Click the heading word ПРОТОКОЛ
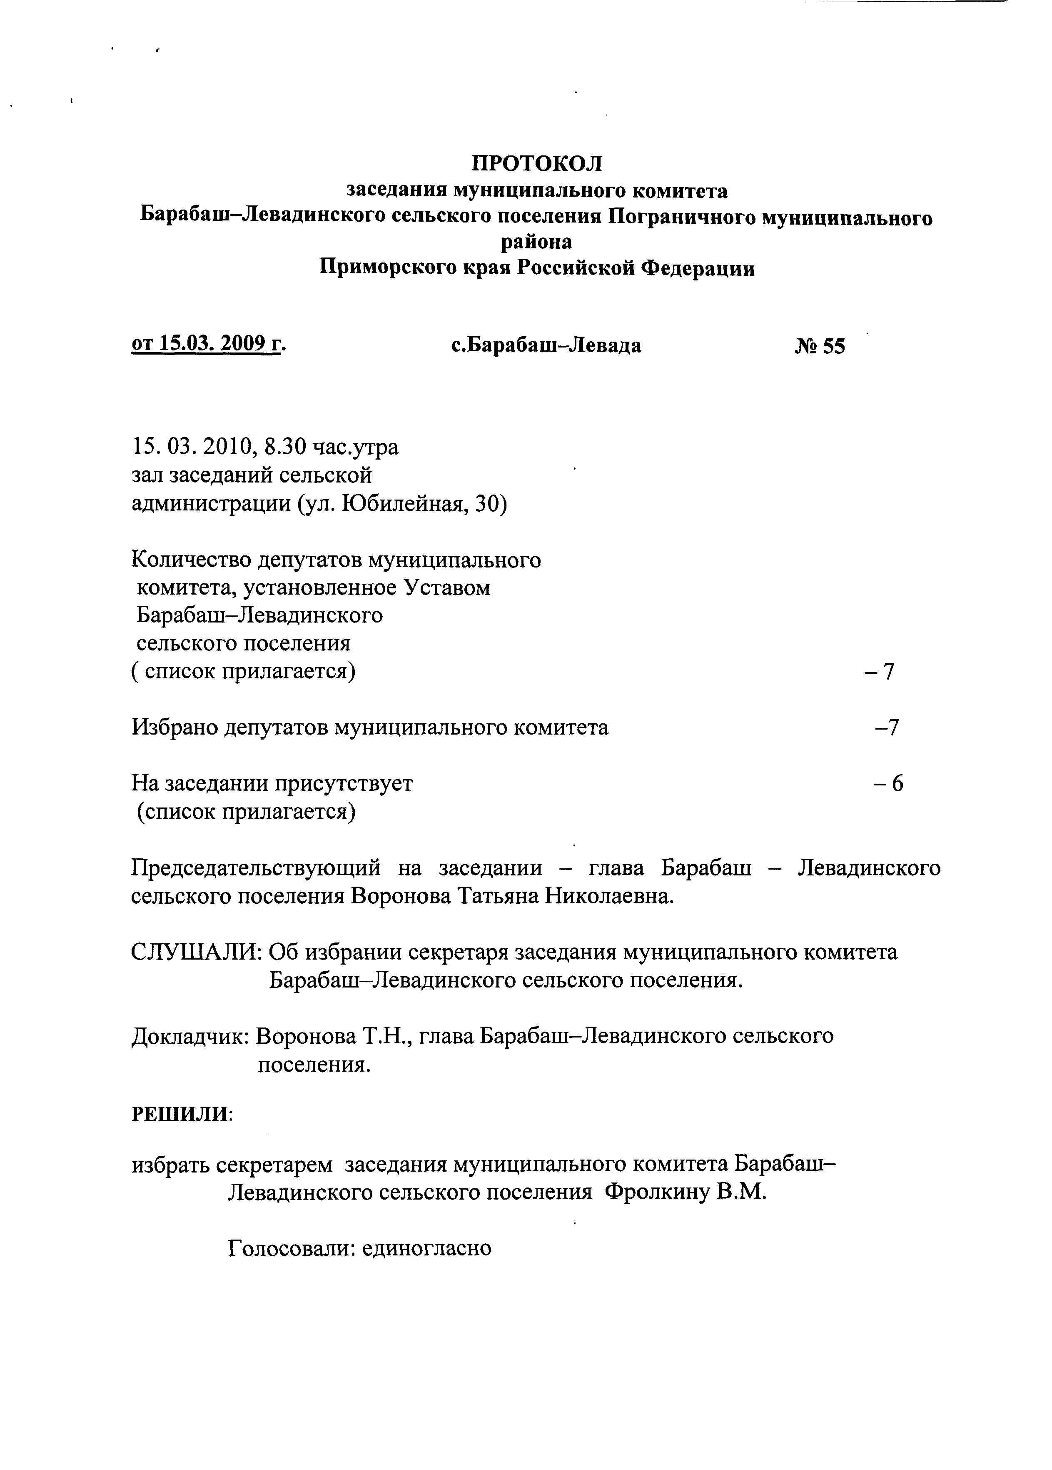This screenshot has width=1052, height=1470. point(536,163)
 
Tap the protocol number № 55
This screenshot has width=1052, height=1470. point(820,347)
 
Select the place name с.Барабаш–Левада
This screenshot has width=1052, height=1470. point(546,345)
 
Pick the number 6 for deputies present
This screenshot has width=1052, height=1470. point(897,784)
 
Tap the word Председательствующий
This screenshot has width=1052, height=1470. point(256,867)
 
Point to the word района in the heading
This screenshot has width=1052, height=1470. point(536,242)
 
